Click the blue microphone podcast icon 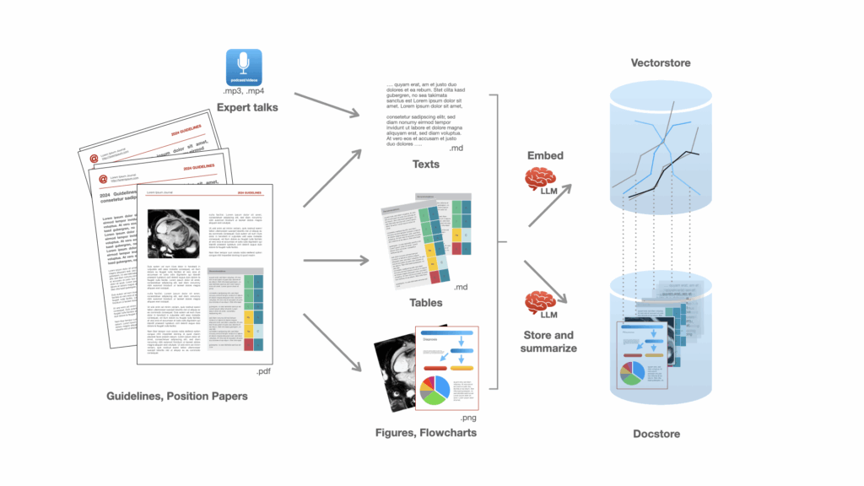[x=244, y=67]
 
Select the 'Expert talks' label [x=247, y=108]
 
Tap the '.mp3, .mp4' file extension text [x=245, y=91]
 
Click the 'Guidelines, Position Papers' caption [x=176, y=396]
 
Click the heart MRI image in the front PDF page [x=172, y=234]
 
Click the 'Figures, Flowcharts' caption [x=426, y=432]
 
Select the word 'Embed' [x=545, y=156]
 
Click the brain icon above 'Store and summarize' [x=539, y=301]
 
